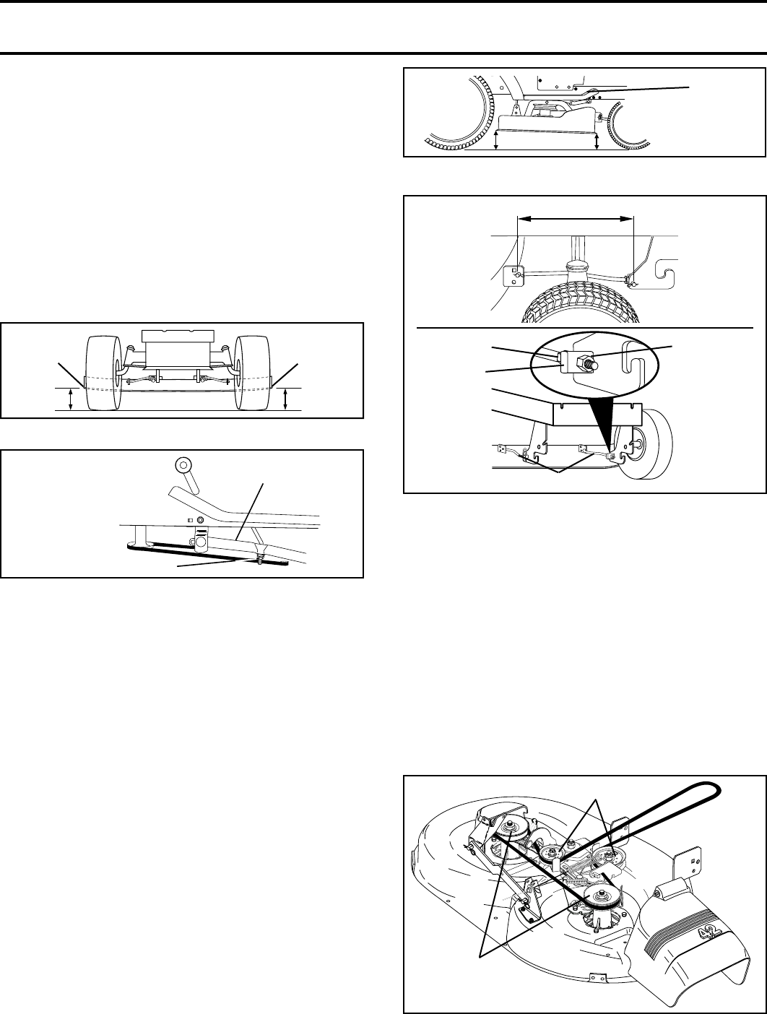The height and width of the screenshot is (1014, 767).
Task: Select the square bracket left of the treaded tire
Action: point(512,274)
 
